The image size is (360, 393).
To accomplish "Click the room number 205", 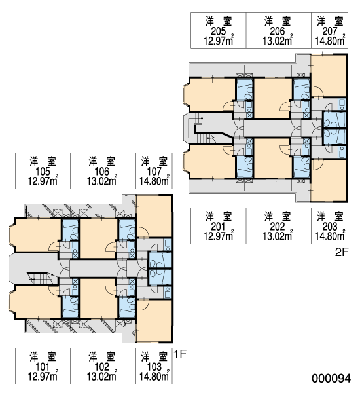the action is coord(219,31).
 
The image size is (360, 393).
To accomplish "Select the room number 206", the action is coord(278,31).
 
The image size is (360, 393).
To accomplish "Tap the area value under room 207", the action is coord(330,41).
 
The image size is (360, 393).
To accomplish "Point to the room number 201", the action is coord(219,227).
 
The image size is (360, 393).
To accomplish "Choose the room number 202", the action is coord(278,227).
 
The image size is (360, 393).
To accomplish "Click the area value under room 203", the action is coord(330,236).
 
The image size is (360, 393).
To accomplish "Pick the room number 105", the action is coord(43,172).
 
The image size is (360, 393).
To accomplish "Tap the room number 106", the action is coord(102,172).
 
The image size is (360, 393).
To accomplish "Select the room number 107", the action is coord(154,172).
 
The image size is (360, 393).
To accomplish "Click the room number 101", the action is coord(43,367).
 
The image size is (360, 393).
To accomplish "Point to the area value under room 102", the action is coord(102,376).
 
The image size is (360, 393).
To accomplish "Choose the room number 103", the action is coord(154,367).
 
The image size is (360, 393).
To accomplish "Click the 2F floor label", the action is coord(342,252).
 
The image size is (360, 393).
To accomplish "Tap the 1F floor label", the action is coord(180,354).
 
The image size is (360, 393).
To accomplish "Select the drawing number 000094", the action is coord(331,378).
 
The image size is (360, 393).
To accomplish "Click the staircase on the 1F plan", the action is coord(41,278).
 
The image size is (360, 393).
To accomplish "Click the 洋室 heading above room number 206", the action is coord(278,22).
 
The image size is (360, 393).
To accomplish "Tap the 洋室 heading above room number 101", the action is coord(43,357).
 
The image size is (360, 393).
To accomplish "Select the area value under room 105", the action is coord(43,181).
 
